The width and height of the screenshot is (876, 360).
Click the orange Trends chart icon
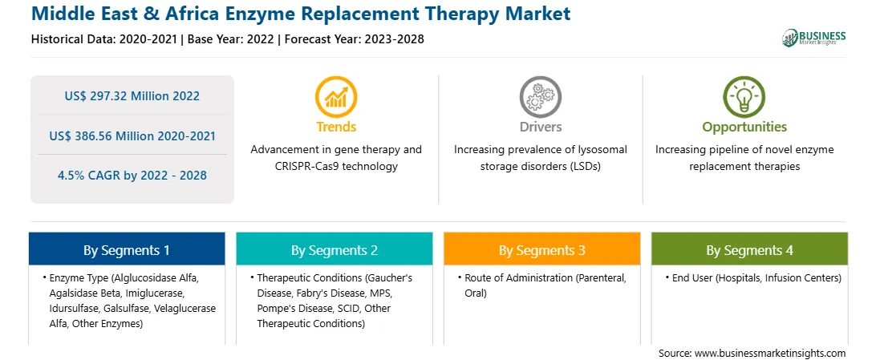click(336, 97)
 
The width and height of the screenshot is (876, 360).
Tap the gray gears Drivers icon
click(540, 97)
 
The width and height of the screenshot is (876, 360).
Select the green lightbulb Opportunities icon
click(744, 97)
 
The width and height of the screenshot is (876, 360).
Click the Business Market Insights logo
click(814, 38)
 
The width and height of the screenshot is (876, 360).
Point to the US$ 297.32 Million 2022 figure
click(132, 96)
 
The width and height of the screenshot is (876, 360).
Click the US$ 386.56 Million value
click(106, 136)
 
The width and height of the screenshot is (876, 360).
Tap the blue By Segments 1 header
click(127, 249)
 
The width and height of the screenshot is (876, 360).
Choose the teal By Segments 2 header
click(334, 249)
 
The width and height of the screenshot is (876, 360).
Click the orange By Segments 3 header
click(542, 249)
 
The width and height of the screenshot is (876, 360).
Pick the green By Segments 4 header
click(750, 249)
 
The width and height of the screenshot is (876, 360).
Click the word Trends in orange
click(336, 127)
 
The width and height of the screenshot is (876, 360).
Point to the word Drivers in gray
click(541, 127)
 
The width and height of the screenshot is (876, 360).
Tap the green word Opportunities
click(744, 127)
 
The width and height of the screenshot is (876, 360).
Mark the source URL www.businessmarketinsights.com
click(770, 354)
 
